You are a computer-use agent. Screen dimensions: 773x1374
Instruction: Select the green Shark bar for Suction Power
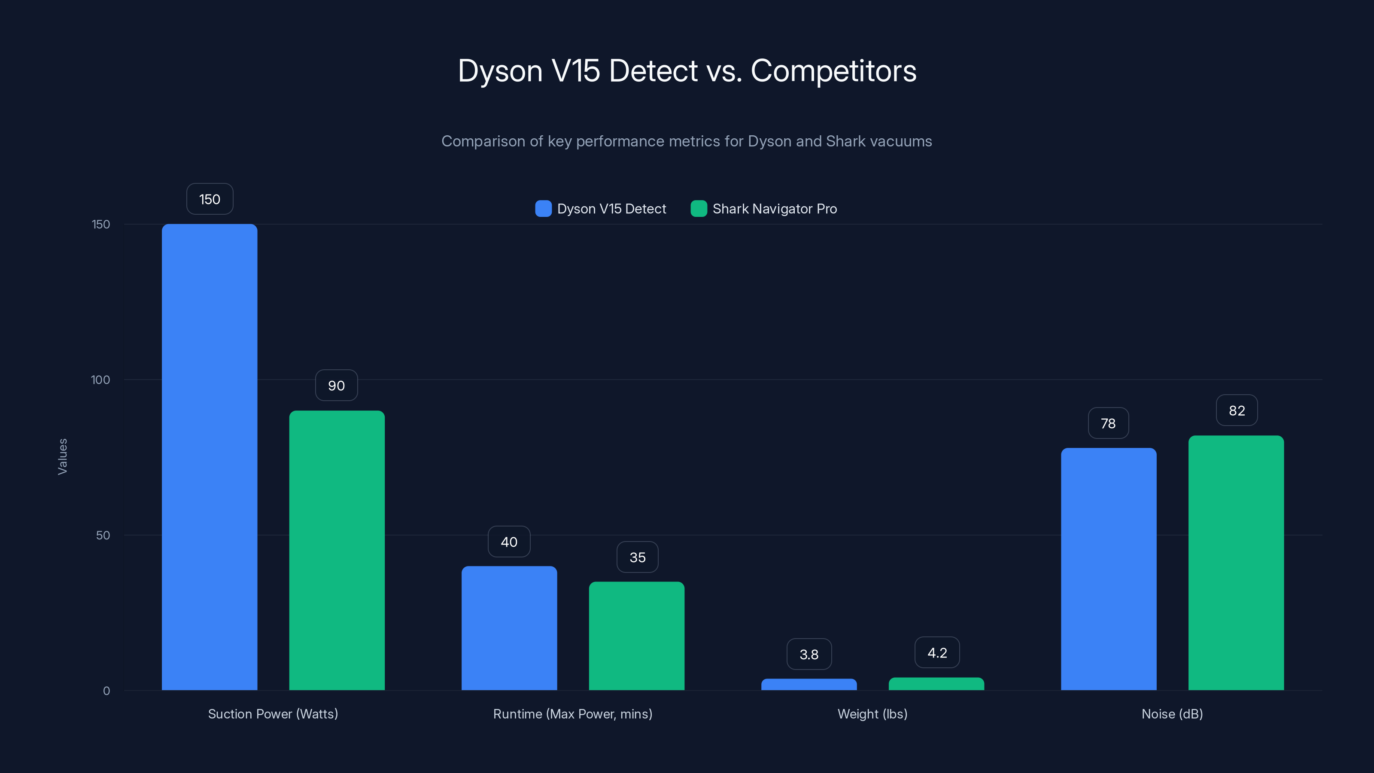pyautogui.click(x=337, y=550)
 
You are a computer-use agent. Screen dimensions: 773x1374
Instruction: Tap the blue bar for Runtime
pyautogui.click(x=509, y=628)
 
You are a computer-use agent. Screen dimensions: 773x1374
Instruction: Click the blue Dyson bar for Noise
pyautogui.click(x=1108, y=569)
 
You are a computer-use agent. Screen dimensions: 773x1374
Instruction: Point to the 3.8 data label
pyautogui.click(x=809, y=654)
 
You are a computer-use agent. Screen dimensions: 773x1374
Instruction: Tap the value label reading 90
pyautogui.click(x=336, y=385)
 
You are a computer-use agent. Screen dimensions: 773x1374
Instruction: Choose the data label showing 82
pyautogui.click(x=1237, y=410)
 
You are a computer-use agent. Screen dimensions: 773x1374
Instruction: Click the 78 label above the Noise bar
pyautogui.click(x=1108, y=423)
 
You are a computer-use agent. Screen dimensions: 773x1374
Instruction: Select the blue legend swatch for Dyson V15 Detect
pyautogui.click(x=543, y=209)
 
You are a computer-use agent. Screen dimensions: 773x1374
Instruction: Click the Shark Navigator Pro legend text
pyautogui.click(x=775, y=209)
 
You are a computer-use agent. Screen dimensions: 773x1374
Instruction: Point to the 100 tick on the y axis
pyautogui.click(x=100, y=380)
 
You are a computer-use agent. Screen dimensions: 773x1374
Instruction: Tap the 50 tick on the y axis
pyautogui.click(x=103, y=535)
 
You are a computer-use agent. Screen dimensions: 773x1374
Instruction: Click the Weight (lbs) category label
pyautogui.click(x=872, y=714)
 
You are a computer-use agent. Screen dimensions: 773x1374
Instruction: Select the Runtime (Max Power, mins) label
pyautogui.click(x=572, y=714)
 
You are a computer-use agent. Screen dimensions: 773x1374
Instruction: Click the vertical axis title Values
pyautogui.click(x=62, y=456)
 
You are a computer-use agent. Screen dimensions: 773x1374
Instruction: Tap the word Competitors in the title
pyautogui.click(x=833, y=70)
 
